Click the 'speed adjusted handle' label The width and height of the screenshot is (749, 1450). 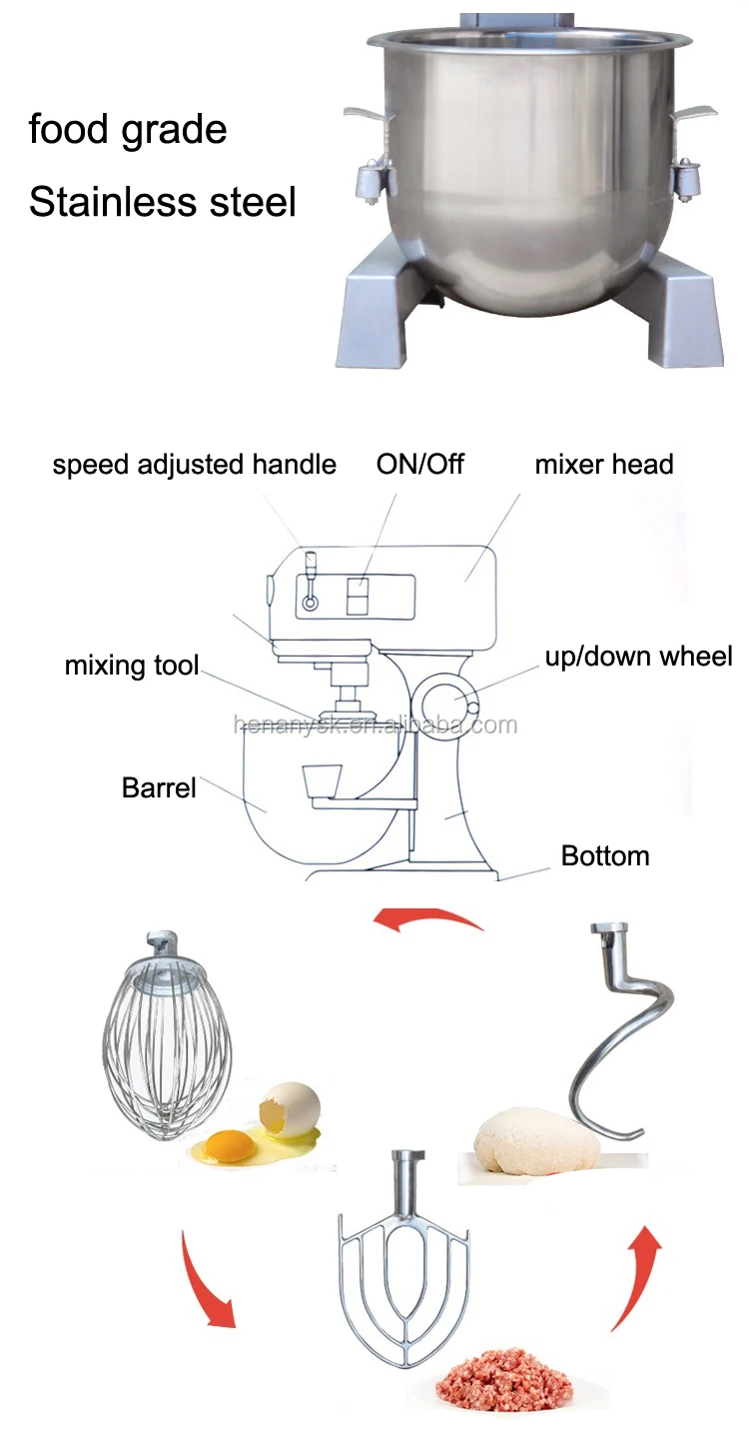(194, 465)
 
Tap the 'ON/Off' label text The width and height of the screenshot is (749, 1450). (419, 465)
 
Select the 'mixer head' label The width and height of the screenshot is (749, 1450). (603, 465)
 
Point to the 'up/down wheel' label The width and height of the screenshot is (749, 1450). (638, 657)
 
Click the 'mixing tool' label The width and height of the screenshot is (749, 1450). (132, 666)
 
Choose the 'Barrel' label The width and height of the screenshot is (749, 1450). (159, 787)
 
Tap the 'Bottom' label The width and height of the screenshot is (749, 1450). (605, 856)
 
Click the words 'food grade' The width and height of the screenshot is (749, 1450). (128, 130)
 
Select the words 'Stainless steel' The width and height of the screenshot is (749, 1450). (163, 202)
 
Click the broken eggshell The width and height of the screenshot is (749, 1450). (291, 1110)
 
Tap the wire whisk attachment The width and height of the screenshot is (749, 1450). (167, 1039)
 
